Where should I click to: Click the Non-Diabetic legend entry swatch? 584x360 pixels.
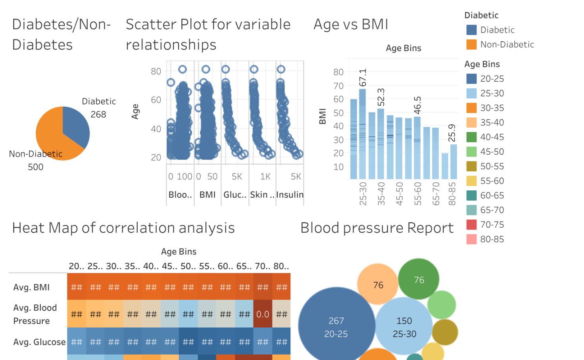[x=471, y=44]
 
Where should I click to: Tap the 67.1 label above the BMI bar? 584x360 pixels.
[x=363, y=78]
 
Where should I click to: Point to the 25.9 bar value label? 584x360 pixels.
[x=452, y=133]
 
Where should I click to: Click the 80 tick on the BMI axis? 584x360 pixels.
[x=338, y=72]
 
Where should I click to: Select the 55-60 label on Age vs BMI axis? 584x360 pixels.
[x=417, y=193]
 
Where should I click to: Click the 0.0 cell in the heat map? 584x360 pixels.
[x=263, y=314]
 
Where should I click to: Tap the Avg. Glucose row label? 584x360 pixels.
[x=39, y=342]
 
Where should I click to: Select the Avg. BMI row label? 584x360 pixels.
[x=31, y=287]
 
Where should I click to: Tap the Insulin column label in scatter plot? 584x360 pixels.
[x=290, y=195]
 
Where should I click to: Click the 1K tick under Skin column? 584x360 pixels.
[x=265, y=176]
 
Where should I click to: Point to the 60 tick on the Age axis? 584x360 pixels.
[x=156, y=100]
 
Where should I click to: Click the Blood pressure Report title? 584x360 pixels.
[x=377, y=228]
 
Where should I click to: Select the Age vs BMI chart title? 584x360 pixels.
[x=351, y=25]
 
